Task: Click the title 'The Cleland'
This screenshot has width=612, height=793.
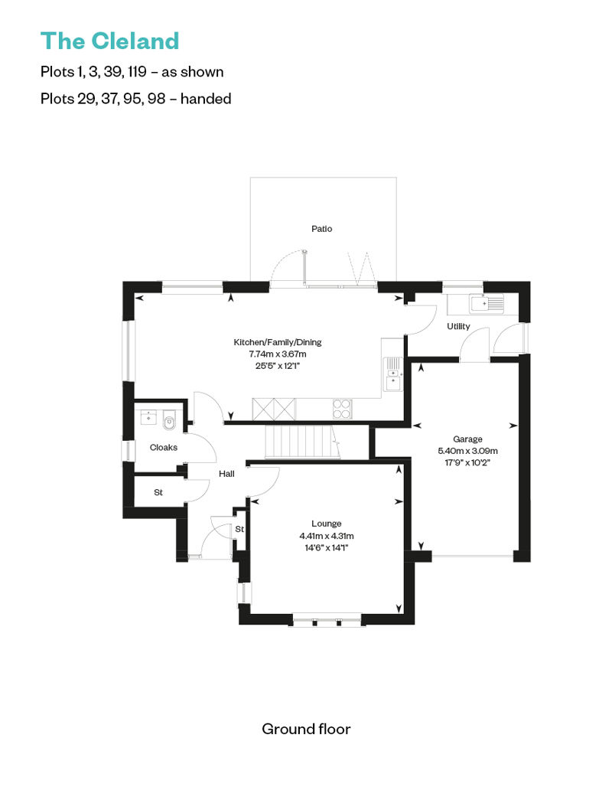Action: (x=109, y=40)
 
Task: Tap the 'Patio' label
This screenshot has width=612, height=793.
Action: (x=322, y=229)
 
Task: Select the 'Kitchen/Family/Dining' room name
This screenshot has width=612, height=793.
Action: (x=278, y=342)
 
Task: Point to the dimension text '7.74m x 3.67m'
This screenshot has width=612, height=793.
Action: (x=278, y=354)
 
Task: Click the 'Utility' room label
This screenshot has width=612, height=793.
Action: (x=459, y=327)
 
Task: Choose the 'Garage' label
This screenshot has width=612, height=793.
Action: (x=467, y=439)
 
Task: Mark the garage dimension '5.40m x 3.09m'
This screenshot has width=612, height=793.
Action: (x=467, y=450)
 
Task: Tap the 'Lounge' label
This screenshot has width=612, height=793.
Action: (x=327, y=524)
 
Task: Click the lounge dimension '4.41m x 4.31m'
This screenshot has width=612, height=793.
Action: (x=327, y=535)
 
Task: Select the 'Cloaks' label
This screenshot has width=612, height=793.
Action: (x=164, y=447)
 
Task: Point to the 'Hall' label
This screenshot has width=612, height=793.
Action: (x=226, y=474)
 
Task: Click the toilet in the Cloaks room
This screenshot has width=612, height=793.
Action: (x=170, y=419)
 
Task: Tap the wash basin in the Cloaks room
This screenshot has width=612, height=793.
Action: (x=147, y=417)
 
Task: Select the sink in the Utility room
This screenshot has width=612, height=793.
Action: (x=487, y=304)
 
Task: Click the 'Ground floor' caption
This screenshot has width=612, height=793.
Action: (x=306, y=729)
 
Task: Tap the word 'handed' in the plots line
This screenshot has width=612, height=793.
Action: (x=206, y=98)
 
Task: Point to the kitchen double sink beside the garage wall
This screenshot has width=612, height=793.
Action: (x=393, y=374)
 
